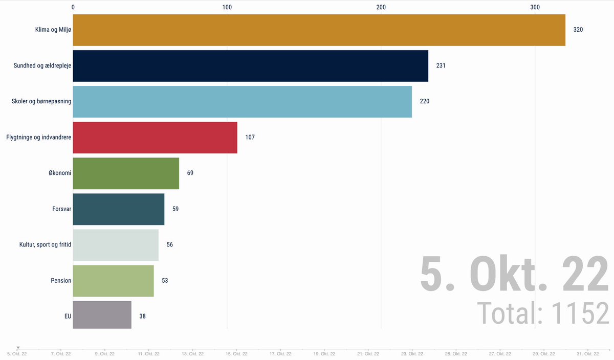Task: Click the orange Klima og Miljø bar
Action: (x=319, y=30)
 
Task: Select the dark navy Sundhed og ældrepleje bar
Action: (x=251, y=66)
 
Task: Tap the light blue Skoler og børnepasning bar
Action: (x=243, y=102)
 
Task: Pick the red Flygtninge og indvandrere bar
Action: (x=155, y=138)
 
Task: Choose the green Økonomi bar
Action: (x=126, y=173)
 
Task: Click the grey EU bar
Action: (x=102, y=315)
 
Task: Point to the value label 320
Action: (x=578, y=30)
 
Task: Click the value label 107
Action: (x=250, y=137)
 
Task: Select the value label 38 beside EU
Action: (x=143, y=316)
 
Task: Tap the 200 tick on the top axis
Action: (x=381, y=7)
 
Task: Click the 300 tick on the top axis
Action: (x=535, y=7)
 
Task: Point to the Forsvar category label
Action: (x=62, y=209)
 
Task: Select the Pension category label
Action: (x=61, y=281)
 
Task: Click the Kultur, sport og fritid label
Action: (x=45, y=244)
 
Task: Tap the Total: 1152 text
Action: (x=543, y=313)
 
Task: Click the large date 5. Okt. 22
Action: (x=515, y=274)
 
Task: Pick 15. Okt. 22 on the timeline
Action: (x=236, y=354)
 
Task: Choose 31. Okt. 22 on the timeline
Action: (x=588, y=354)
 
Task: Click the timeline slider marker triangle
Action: (x=18, y=348)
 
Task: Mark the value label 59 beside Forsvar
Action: (x=176, y=209)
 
